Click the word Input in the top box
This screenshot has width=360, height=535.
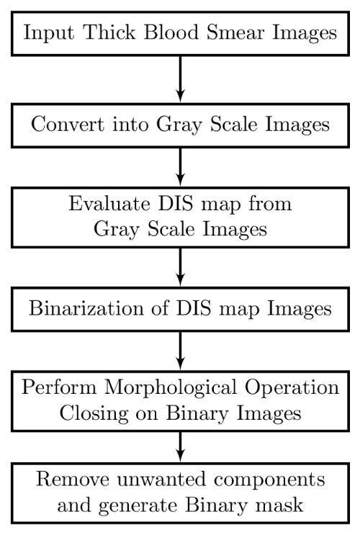click(48, 33)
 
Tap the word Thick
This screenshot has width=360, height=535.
click(109, 32)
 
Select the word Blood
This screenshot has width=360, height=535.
click(171, 32)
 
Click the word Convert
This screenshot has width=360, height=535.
click(68, 124)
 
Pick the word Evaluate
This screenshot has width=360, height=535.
click(109, 203)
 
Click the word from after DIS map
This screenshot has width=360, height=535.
click(270, 203)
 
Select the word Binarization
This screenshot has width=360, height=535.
click(86, 307)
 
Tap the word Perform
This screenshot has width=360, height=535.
click(59, 387)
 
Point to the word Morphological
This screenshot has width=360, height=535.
click(171, 388)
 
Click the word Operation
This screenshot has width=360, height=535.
click(292, 388)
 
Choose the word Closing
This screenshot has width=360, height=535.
click(94, 414)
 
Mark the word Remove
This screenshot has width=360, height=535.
click(73, 479)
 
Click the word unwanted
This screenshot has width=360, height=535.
click(162, 480)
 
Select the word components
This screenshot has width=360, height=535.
click(269, 480)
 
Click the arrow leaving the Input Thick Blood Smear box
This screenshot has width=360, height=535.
click(181, 78)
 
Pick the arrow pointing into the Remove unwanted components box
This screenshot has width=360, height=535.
click(181, 446)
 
